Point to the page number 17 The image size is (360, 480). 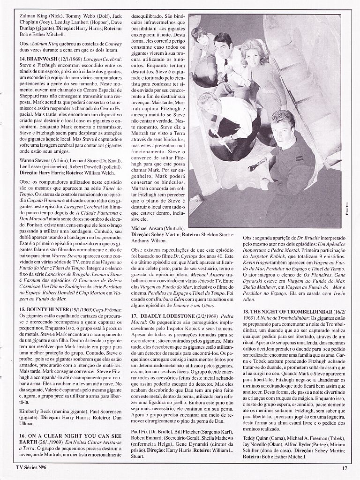344,467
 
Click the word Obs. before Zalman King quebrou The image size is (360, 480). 26,41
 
